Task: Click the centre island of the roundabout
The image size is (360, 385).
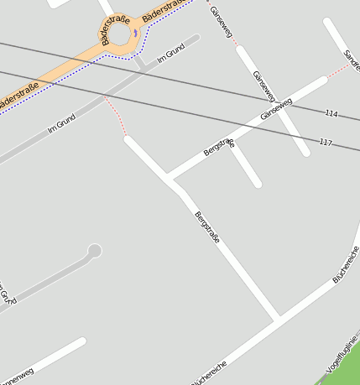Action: (119, 35)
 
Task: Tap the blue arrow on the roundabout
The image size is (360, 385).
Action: (136, 34)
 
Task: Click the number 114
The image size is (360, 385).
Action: (331, 113)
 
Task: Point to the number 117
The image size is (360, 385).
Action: (326, 143)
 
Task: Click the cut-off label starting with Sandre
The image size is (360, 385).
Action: (352, 58)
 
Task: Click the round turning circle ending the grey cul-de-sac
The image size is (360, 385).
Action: (95, 250)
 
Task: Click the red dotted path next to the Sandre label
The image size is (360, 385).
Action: (337, 71)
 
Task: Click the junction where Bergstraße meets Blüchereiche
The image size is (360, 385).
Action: (278, 320)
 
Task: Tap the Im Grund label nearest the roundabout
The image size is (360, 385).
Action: (170, 55)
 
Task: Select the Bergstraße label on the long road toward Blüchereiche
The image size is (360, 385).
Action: (207, 227)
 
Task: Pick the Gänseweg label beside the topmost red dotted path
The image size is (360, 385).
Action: (219, 23)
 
